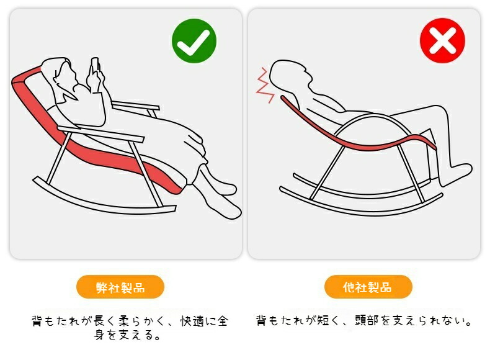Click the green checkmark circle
pos(194,41)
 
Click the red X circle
pos(442,41)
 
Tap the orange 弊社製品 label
pos(120,287)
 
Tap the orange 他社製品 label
pos(368,287)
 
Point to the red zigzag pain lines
pos(265,84)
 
